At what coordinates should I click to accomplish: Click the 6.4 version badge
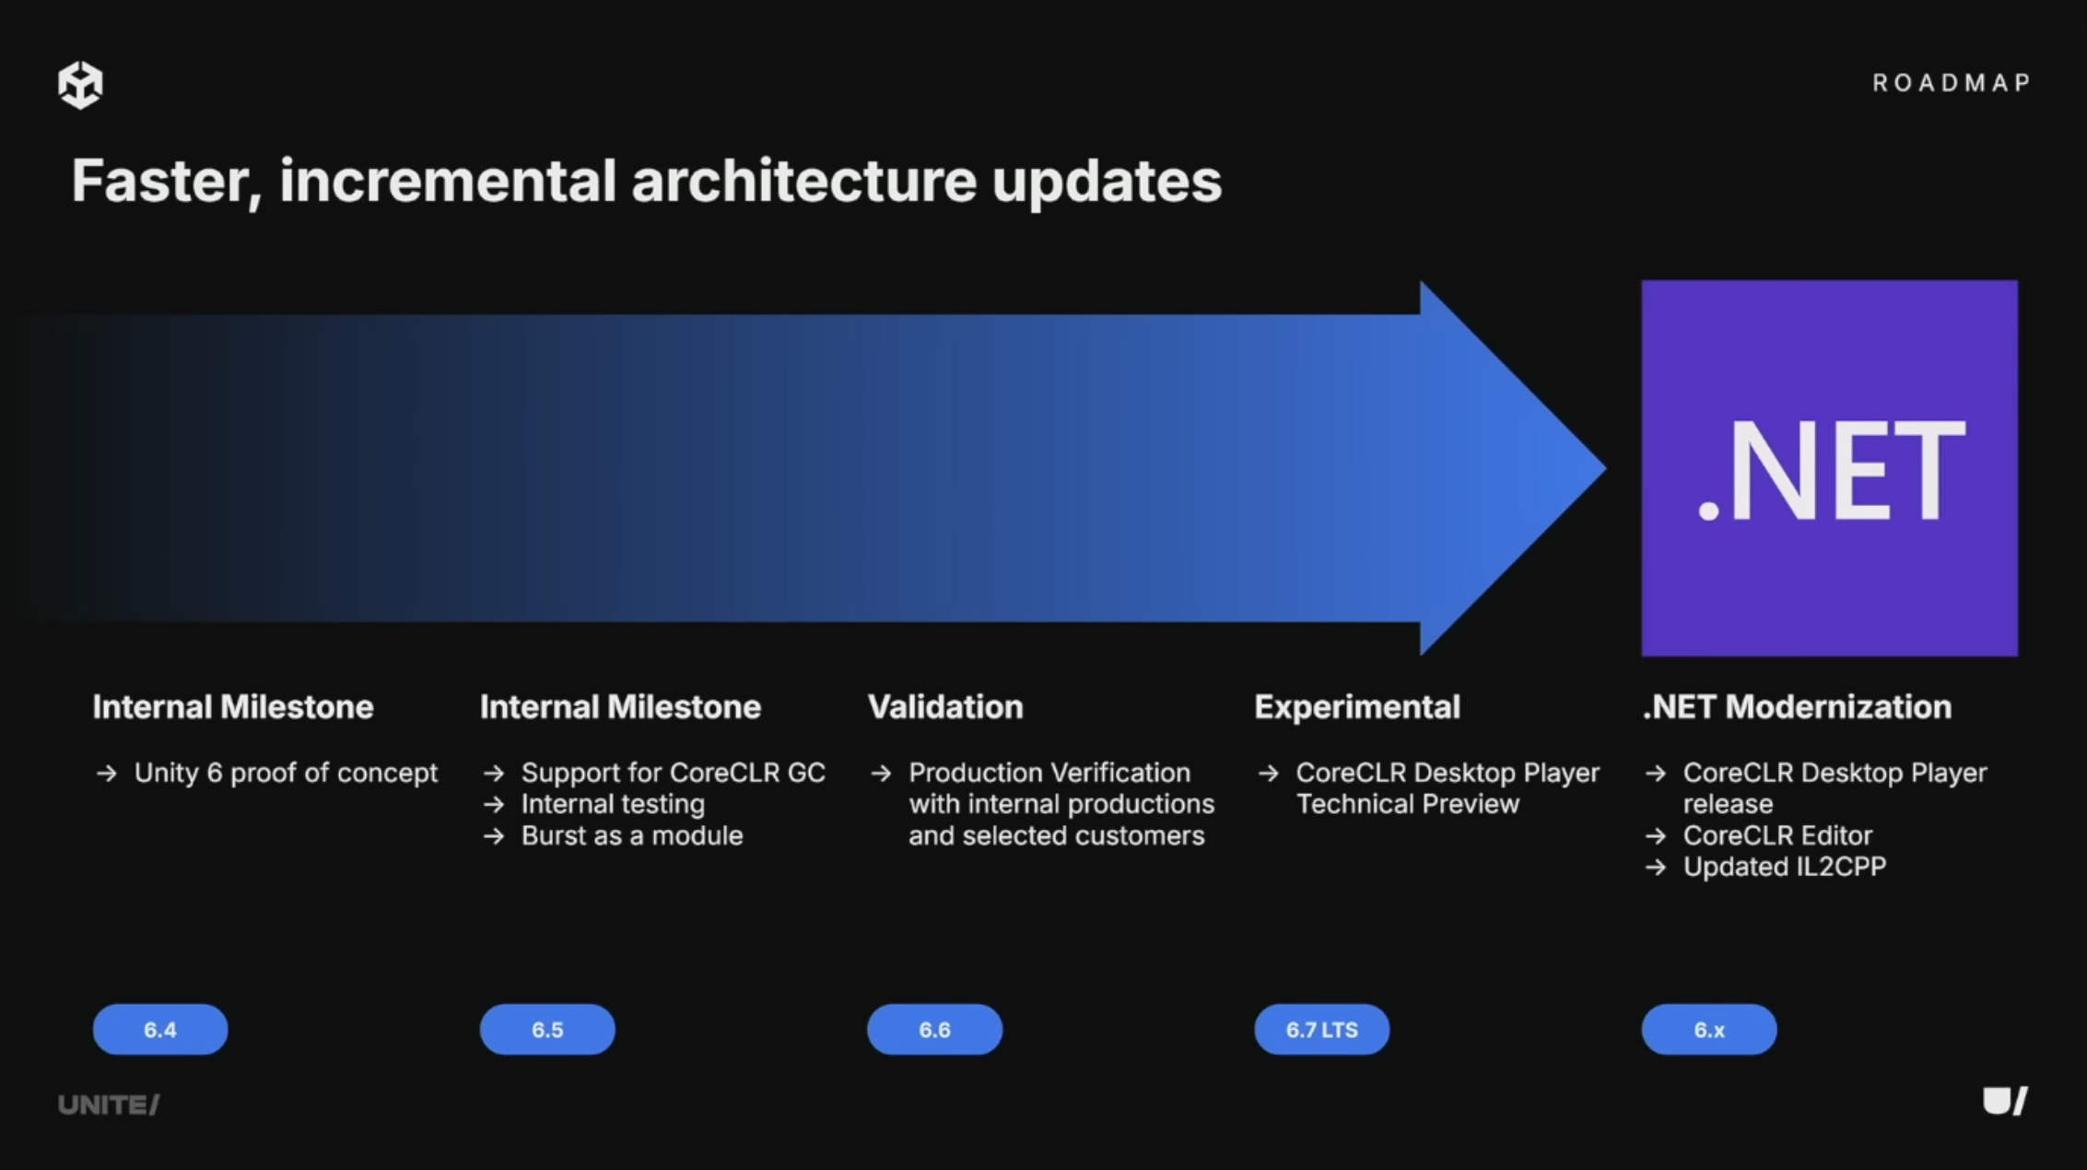(160, 1029)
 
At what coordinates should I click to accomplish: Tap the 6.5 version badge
(547, 1029)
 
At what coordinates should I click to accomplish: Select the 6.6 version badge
(934, 1029)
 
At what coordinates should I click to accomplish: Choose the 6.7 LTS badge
(1321, 1029)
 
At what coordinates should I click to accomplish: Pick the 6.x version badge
(1709, 1029)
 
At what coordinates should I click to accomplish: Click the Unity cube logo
(80, 85)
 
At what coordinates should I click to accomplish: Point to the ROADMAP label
(1952, 83)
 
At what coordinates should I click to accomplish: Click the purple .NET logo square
(1829, 468)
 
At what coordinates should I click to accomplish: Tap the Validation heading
(945, 707)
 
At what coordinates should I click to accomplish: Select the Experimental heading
(1357, 707)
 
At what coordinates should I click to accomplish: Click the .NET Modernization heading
(1797, 707)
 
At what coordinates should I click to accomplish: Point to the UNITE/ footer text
(109, 1105)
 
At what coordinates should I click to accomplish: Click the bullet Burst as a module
(632, 835)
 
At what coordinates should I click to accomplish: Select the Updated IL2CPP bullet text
(1785, 867)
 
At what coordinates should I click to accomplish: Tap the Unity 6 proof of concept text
(286, 773)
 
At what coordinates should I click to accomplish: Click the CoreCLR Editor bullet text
(1777, 835)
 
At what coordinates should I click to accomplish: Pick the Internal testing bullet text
(613, 804)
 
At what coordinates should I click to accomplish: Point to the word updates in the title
(1107, 183)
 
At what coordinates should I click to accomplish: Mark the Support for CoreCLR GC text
(674, 773)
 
